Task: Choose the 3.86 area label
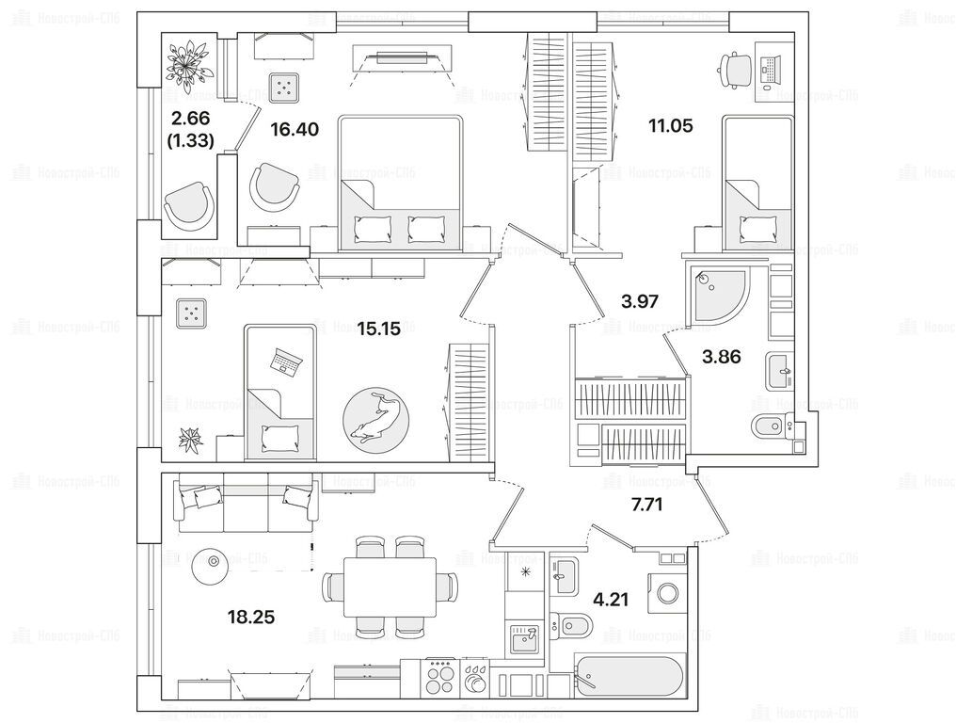point(721,356)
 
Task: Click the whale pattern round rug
point(376,416)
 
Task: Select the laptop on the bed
point(285,361)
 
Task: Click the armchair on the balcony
point(189,202)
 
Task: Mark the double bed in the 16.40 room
point(400,183)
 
